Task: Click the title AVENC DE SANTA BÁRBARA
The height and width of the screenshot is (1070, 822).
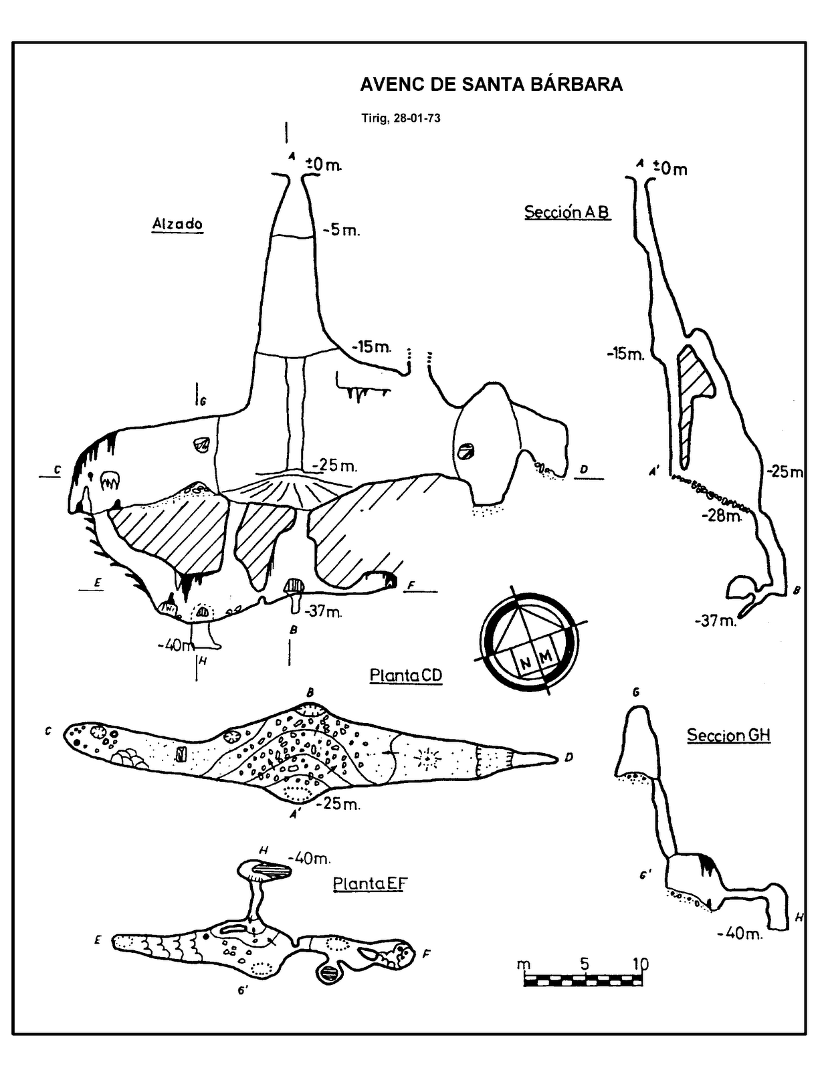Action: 491,84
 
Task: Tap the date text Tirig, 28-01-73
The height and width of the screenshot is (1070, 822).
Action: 401,119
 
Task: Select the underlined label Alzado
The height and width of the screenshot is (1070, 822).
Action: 177,224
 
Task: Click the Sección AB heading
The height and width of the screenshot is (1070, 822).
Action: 567,212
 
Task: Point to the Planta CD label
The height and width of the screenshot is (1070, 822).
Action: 406,675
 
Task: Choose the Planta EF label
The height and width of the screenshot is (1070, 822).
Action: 370,884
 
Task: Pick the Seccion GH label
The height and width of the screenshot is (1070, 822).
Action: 728,736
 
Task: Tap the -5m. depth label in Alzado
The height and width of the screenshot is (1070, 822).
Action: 341,231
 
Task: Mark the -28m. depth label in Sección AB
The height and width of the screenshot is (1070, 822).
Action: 722,516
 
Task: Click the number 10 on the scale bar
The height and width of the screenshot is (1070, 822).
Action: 640,964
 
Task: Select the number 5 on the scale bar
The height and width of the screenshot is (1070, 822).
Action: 585,964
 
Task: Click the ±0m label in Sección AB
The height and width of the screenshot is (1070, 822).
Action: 670,169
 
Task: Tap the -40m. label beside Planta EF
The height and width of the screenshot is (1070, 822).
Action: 309,858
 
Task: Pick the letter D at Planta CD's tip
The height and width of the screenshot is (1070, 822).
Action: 569,758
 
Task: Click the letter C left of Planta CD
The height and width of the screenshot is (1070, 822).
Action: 48,732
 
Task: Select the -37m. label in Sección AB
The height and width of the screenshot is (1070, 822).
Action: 716,621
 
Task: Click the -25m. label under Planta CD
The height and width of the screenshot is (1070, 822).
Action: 340,804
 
